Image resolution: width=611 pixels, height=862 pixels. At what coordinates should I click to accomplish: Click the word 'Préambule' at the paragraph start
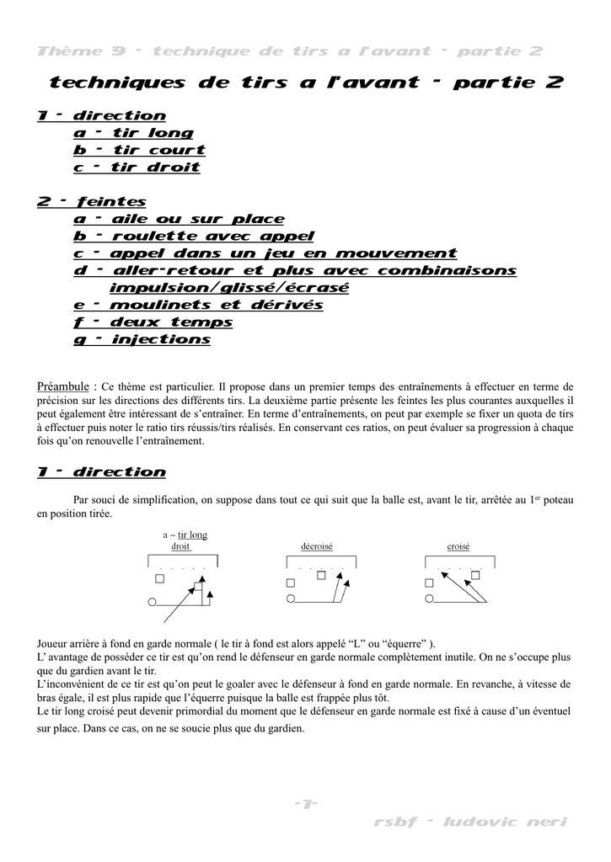pos(64,386)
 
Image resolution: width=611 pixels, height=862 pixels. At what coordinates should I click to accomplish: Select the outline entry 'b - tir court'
pos(139,150)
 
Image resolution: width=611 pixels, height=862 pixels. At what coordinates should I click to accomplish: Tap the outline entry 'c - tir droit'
pos(137,168)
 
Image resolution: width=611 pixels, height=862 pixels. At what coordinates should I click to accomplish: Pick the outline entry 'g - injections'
pos(142,340)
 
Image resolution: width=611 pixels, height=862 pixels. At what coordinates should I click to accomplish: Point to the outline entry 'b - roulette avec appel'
pos(194,237)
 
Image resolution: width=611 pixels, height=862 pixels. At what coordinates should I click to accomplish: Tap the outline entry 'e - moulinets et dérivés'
pos(198,306)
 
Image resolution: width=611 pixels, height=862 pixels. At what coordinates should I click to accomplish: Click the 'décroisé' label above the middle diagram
pos(317,546)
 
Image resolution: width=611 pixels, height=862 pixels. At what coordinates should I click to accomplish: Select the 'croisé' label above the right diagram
pos(458,546)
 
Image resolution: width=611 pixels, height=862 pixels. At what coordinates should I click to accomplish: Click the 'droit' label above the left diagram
pos(180,546)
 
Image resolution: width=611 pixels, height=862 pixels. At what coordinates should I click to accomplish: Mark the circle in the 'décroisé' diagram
pos(291,600)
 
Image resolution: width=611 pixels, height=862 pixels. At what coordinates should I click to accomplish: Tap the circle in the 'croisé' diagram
pos(429,600)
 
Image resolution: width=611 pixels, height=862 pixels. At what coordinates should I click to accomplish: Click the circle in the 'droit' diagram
pos(152,602)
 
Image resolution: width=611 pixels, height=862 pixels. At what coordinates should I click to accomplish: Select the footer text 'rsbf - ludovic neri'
pos(470,822)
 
